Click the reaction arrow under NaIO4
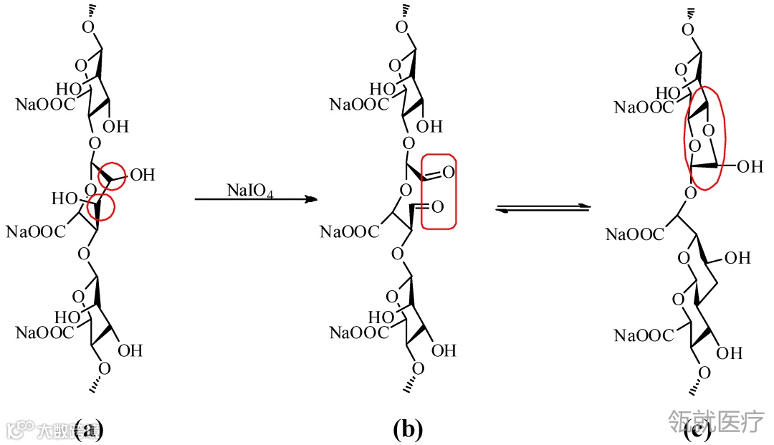(255, 201)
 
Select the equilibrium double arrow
(543, 208)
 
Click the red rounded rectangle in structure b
(439, 191)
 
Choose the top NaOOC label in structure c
(644, 107)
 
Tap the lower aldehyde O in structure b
(438, 206)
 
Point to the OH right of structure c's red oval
(750, 167)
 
